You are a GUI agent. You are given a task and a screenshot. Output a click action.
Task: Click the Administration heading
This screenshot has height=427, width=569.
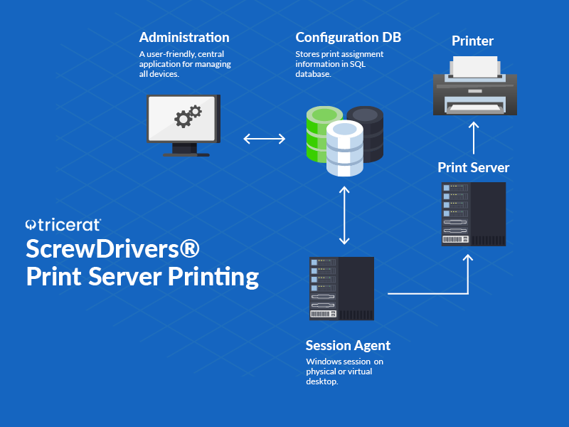click(x=184, y=38)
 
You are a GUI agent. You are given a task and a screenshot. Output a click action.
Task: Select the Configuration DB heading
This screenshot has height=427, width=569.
click(x=349, y=38)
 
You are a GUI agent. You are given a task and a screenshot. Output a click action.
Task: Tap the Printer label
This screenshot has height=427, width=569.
click(x=472, y=41)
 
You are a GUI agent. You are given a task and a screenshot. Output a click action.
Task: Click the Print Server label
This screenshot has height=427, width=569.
click(x=474, y=168)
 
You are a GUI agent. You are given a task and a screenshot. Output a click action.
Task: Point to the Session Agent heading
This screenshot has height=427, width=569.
click(x=348, y=346)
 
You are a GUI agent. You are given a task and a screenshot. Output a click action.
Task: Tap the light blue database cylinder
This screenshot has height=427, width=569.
click(x=344, y=148)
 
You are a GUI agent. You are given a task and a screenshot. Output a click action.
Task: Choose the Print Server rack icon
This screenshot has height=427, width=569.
click(x=474, y=214)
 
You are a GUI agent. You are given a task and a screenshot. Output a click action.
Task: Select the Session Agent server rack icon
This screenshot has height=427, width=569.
click(x=342, y=288)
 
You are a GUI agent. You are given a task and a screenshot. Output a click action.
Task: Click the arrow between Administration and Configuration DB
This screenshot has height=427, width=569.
click(x=264, y=139)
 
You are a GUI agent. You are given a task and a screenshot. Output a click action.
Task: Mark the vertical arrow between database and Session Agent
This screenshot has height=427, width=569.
click(x=345, y=215)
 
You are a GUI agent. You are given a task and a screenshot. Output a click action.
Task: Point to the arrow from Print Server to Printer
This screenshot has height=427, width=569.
click(x=474, y=137)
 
